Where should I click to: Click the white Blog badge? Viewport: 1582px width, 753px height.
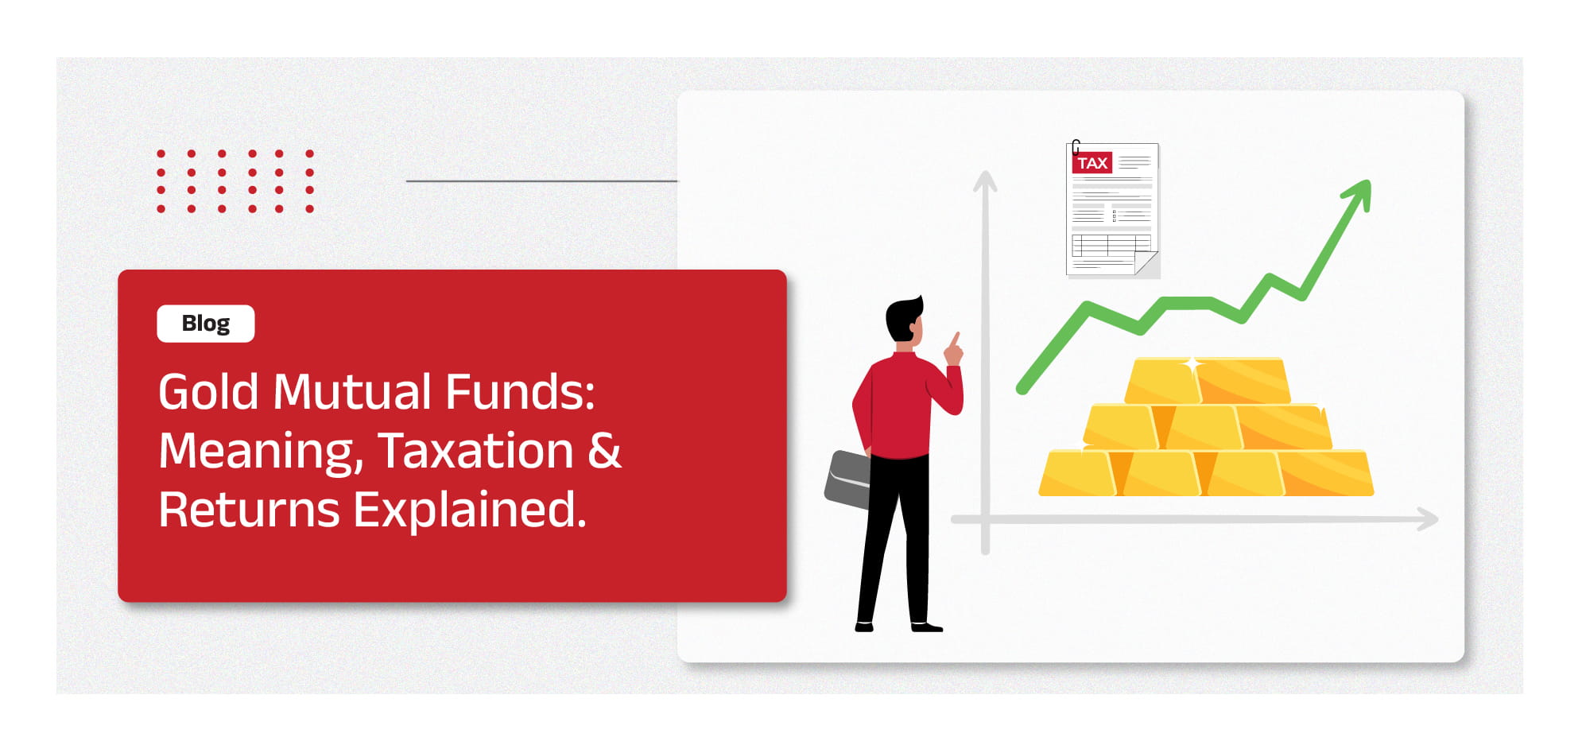click(206, 324)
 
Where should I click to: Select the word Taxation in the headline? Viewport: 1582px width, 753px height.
click(475, 451)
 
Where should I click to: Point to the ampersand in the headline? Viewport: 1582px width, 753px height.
click(604, 451)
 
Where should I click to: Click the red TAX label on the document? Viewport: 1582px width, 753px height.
click(1092, 163)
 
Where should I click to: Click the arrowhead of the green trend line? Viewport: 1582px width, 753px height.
click(1359, 193)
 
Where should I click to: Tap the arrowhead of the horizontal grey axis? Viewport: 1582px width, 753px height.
click(1428, 519)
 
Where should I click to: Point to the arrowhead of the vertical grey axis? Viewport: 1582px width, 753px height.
click(985, 181)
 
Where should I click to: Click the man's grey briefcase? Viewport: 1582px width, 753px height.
click(847, 479)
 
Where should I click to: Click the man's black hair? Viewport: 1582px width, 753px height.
click(904, 316)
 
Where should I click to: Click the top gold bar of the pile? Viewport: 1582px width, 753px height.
click(1207, 381)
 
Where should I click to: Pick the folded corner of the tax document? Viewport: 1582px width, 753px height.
click(1146, 263)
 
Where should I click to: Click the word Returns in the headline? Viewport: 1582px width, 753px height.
click(249, 510)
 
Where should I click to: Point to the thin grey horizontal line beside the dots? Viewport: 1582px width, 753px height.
click(542, 181)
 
